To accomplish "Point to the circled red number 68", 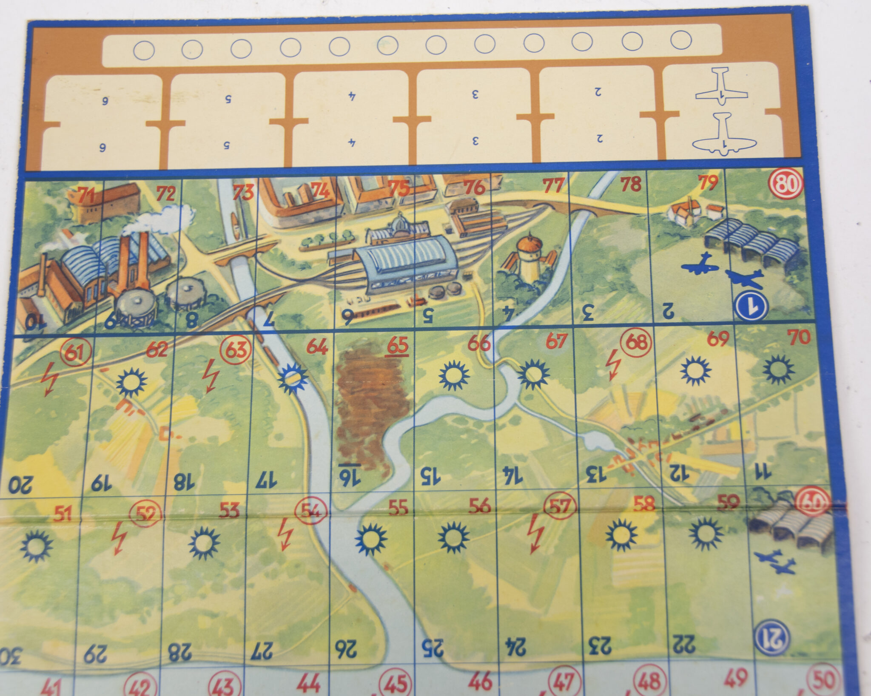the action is click(636, 342).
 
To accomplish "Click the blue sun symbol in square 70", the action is click(778, 369).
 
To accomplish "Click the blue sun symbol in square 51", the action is click(37, 546).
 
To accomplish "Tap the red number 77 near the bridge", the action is click(553, 185).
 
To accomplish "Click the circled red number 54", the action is click(312, 511).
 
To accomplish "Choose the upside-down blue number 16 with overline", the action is click(350, 475).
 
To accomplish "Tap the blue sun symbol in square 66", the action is click(454, 375).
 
